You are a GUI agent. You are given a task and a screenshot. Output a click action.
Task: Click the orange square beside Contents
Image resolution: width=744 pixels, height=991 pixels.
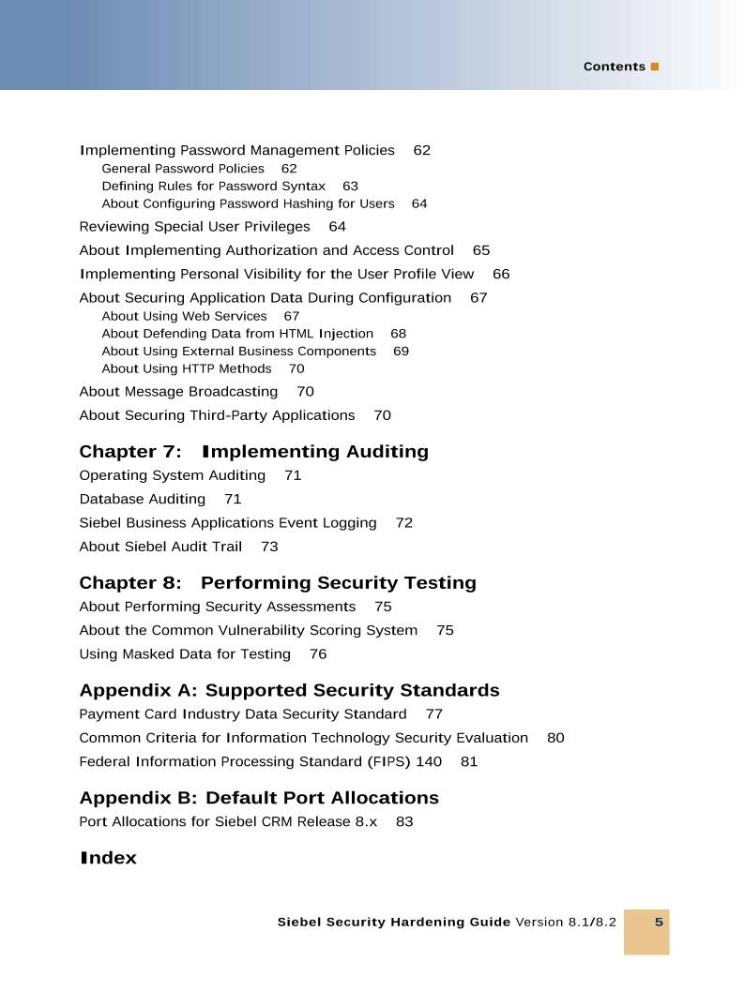pyautogui.click(x=655, y=67)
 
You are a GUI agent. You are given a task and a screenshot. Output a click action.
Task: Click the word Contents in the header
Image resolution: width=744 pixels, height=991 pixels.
pyautogui.click(x=614, y=67)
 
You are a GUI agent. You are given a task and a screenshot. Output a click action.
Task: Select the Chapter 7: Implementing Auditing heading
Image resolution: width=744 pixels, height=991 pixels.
pyautogui.click(x=253, y=452)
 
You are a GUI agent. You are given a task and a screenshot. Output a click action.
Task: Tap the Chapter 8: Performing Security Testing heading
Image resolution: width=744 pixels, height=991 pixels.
pyautogui.click(x=278, y=583)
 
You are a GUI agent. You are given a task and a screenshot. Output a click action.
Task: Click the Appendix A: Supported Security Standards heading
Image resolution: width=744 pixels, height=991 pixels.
pyautogui.click(x=289, y=691)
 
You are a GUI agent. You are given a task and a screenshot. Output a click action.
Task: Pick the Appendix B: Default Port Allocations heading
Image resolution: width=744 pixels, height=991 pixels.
pyautogui.click(x=259, y=798)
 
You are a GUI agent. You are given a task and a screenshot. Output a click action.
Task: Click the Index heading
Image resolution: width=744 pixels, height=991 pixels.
pyautogui.click(x=108, y=858)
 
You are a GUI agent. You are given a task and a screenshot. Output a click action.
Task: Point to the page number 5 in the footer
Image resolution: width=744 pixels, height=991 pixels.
pyautogui.click(x=659, y=923)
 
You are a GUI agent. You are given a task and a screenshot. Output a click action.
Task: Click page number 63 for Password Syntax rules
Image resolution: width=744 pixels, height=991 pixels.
pyautogui.click(x=350, y=187)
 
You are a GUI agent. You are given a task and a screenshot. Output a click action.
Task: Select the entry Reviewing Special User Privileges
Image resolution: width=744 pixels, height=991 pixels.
pyautogui.click(x=194, y=227)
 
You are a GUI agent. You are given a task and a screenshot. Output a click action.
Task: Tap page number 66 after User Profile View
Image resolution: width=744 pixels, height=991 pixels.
pyautogui.click(x=501, y=275)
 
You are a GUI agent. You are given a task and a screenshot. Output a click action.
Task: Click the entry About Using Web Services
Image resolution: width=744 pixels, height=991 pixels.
pyautogui.click(x=184, y=317)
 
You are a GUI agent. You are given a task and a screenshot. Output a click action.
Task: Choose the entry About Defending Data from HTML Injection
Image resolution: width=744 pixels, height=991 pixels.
pyautogui.click(x=237, y=334)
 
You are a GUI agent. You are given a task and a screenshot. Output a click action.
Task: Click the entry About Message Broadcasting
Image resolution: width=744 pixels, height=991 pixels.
pyautogui.click(x=178, y=392)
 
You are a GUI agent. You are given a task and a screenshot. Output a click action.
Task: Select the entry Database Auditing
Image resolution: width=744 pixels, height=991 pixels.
pyautogui.click(x=142, y=500)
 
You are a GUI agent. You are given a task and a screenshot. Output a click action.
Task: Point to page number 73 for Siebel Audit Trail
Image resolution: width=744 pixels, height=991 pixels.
pyautogui.click(x=269, y=547)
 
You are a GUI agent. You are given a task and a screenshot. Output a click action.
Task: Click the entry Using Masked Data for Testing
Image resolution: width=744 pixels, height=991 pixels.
pyautogui.click(x=185, y=654)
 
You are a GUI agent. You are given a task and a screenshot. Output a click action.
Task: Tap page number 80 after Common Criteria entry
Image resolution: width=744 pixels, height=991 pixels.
pyautogui.click(x=555, y=739)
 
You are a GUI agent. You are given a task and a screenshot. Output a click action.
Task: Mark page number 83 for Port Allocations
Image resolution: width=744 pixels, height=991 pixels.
pyautogui.click(x=404, y=822)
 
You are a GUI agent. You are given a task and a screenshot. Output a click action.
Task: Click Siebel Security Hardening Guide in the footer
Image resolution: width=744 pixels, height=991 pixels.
pyautogui.click(x=394, y=923)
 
